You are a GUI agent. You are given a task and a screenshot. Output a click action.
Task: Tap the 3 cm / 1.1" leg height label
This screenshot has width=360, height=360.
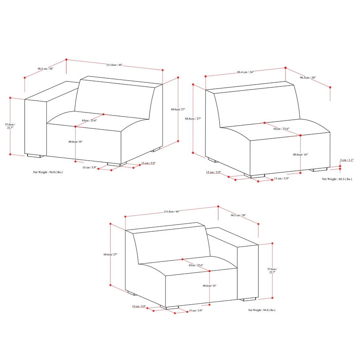(x=347, y=160)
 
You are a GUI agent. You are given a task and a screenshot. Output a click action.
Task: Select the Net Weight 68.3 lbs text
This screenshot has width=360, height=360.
(x=335, y=179)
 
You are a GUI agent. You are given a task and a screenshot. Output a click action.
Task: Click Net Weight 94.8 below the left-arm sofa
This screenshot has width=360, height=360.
(x=47, y=172)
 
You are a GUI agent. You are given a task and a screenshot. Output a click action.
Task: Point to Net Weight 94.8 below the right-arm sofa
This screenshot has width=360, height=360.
(x=261, y=310)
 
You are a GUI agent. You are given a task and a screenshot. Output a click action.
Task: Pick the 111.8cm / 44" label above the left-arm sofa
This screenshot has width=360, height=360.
(x=114, y=65)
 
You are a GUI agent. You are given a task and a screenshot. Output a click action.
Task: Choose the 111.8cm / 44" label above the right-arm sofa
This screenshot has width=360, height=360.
(x=171, y=211)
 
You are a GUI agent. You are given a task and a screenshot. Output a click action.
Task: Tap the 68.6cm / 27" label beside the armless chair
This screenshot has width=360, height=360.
(x=193, y=119)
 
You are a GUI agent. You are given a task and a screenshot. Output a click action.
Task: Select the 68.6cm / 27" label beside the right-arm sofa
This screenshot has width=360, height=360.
(x=110, y=254)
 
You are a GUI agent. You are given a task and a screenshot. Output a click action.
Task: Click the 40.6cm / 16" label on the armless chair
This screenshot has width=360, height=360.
(x=300, y=154)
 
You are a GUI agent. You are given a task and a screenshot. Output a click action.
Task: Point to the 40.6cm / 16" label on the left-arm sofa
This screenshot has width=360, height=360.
(x=76, y=142)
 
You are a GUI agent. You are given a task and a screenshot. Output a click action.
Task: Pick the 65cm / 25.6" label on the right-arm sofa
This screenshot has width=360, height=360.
(x=196, y=265)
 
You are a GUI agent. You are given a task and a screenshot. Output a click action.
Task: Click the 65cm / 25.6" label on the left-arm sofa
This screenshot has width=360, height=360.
(x=90, y=121)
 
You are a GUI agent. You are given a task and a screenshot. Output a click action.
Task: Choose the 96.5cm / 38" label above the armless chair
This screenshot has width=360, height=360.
(x=308, y=78)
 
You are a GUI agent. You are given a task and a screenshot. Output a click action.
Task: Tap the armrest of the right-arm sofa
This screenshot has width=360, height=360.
(x=248, y=270)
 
